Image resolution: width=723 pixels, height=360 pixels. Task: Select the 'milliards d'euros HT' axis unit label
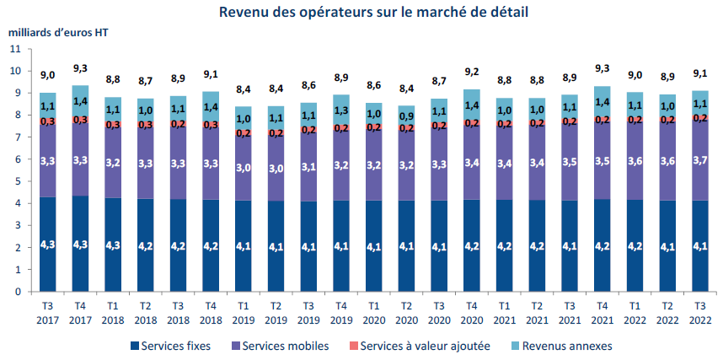tap(58, 34)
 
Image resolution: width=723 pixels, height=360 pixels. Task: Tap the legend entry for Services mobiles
tap(283, 346)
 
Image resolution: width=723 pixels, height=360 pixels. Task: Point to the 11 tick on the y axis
tap(14, 50)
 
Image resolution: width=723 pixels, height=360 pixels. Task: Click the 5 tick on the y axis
tap(17, 182)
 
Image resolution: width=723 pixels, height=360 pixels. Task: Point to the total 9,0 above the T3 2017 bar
tap(48, 76)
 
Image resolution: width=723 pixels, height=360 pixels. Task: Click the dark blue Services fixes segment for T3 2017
tap(48, 244)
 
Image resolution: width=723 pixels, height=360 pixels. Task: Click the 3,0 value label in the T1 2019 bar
tap(244, 169)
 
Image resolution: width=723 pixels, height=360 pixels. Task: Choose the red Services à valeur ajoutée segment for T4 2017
tap(81, 121)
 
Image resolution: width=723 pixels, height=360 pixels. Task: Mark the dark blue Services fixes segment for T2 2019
tap(276, 246)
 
